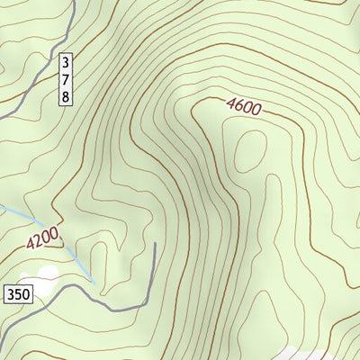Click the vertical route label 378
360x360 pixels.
(x=66, y=80)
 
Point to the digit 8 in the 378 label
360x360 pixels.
(x=66, y=95)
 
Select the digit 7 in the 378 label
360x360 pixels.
(x=66, y=80)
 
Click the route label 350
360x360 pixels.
(x=17, y=293)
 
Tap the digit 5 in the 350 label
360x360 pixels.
(x=17, y=293)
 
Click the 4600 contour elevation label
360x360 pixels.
(x=243, y=106)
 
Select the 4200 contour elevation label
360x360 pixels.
(x=42, y=238)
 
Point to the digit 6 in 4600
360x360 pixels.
(x=238, y=105)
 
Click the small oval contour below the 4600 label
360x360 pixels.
(x=251, y=150)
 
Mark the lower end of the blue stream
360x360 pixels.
(x=94, y=282)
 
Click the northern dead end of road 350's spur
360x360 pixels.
(x=155, y=243)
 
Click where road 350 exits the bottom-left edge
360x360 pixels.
(x=1, y=346)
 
